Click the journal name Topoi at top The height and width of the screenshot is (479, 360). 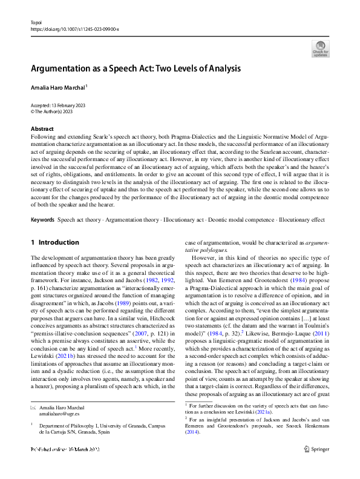[x=34, y=22]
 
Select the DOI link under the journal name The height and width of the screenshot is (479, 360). [x=74, y=28]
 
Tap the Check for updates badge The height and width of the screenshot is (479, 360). [x=320, y=48]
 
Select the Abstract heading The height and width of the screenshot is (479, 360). [x=42, y=129]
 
